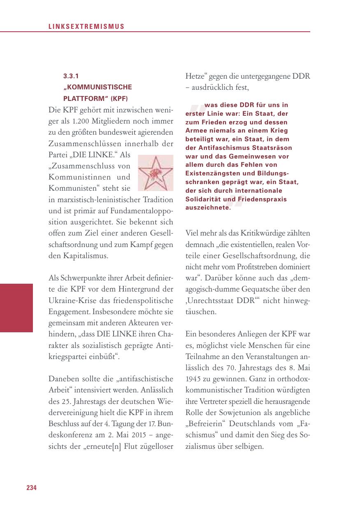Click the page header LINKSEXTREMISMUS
tap(86, 27)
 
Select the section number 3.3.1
tap(71, 76)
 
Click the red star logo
tap(155, 173)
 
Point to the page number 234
tap(32, 488)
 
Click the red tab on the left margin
tap(16, 308)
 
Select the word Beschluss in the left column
tap(64, 423)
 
